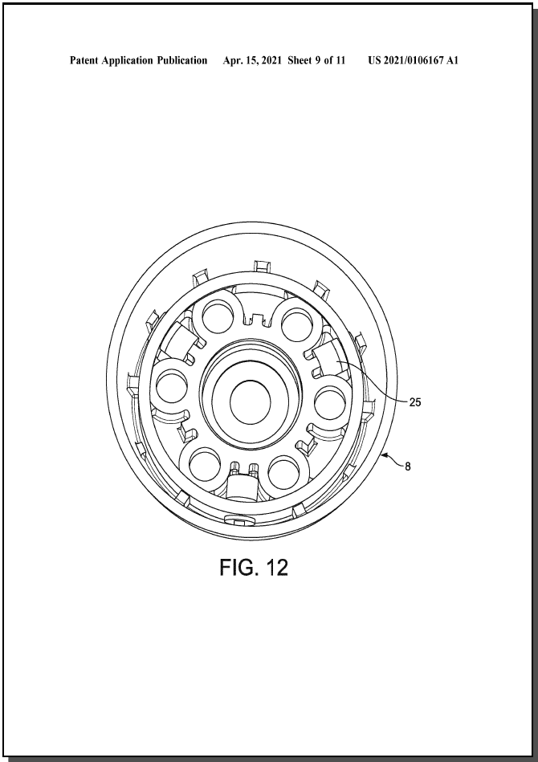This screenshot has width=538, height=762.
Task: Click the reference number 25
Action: coord(414,402)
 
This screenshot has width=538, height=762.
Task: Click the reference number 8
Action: coord(408,467)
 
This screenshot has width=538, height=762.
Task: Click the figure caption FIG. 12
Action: coord(254,567)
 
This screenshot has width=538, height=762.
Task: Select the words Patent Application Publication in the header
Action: coord(138,60)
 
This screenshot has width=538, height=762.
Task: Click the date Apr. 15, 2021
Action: coord(252,60)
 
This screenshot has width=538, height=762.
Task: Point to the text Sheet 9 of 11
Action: coord(316,60)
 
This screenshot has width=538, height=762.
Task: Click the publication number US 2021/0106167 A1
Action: coord(413,60)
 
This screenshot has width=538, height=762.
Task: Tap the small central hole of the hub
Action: coord(251,402)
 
